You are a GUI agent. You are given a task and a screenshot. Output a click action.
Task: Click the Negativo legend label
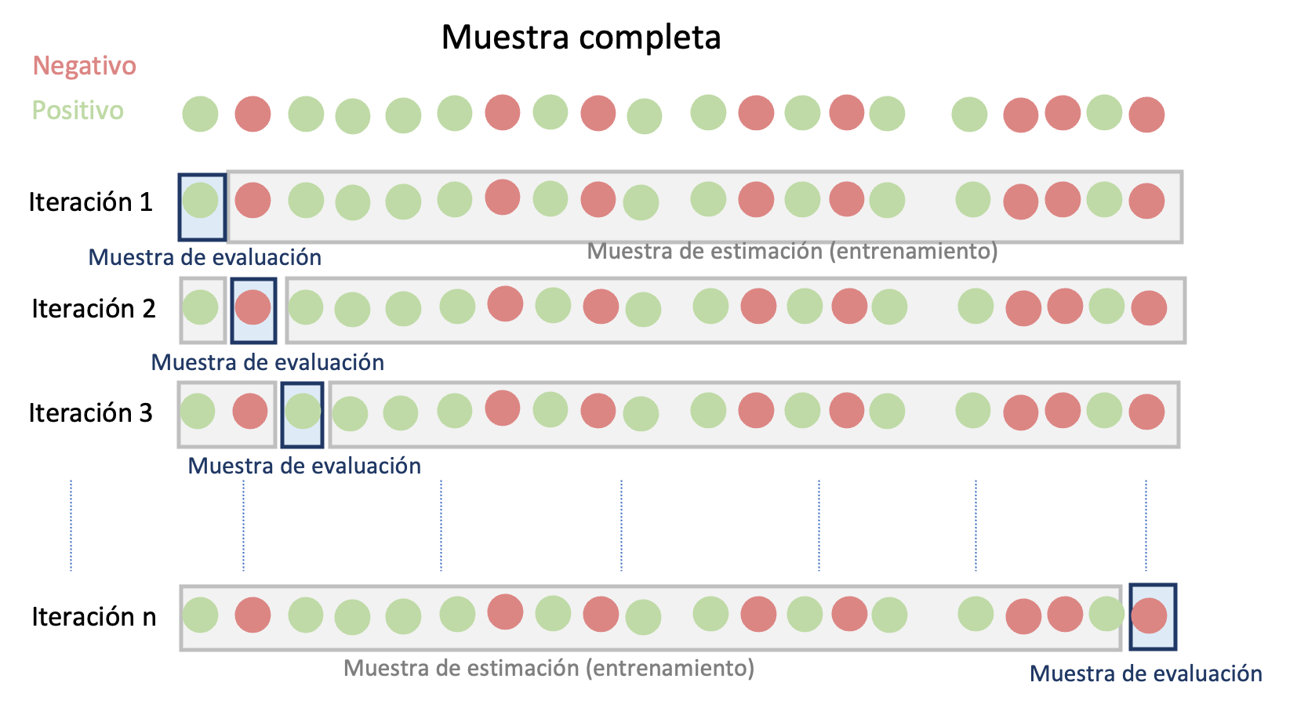(x=84, y=66)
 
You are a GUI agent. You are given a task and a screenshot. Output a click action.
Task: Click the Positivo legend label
(x=78, y=111)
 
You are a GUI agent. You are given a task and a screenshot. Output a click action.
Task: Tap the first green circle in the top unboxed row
(x=200, y=114)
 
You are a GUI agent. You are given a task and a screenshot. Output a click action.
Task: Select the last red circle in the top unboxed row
(x=1146, y=114)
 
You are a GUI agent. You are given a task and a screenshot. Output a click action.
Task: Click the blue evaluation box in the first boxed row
(x=202, y=207)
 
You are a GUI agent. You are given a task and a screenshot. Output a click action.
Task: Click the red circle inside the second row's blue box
(x=252, y=307)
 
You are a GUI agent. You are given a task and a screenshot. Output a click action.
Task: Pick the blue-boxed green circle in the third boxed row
(x=303, y=412)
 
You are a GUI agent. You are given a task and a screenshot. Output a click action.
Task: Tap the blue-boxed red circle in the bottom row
(x=1150, y=615)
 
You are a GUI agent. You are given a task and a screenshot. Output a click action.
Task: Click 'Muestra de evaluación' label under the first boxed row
(x=205, y=257)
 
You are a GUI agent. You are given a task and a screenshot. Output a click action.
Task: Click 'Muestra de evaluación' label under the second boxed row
(x=267, y=362)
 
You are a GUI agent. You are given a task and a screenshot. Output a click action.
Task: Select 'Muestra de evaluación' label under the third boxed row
(x=304, y=466)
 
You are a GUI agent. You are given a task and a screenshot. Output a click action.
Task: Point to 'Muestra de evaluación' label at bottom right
(x=1146, y=673)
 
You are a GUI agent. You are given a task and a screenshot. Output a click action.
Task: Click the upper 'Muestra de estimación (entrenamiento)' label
(x=792, y=251)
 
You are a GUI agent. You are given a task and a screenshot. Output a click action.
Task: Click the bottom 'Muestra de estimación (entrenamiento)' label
(x=549, y=668)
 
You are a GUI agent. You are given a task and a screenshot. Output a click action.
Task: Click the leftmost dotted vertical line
(x=71, y=525)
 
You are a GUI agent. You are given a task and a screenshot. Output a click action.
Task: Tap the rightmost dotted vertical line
(x=1146, y=525)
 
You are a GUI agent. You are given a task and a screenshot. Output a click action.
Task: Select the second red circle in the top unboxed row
(x=503, y=112)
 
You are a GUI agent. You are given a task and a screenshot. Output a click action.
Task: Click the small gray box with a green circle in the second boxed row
(x=202, y=309)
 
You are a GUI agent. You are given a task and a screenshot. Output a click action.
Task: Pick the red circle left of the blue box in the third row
(x=250, y=412)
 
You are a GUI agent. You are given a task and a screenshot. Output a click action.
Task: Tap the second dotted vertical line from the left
(x=244, y=525)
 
